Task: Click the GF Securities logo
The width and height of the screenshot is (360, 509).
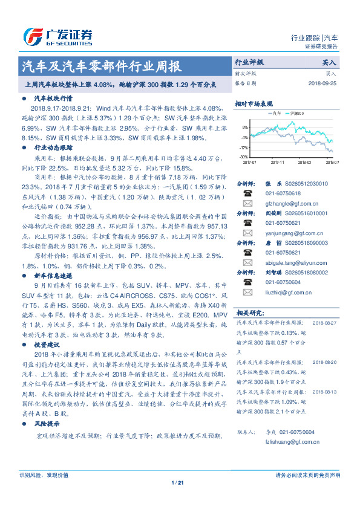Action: pos(57,36)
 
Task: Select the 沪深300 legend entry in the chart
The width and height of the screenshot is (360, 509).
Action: pos(298,113)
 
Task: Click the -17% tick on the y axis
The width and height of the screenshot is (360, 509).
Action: pos(244,148)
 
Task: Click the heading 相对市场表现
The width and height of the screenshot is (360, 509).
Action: pos(254,103)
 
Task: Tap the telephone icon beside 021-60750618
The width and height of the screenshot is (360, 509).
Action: pos(247,193)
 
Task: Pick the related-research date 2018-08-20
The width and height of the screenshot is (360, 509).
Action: pos(326,362)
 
